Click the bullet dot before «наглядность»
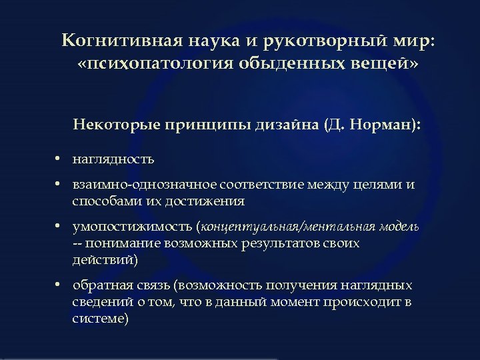pos(59,159)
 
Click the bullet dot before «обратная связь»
pos(59,286)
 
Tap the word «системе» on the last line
pos(100,319)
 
